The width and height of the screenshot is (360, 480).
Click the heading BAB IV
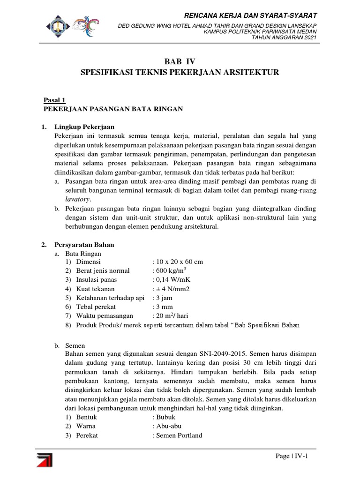[180, 61]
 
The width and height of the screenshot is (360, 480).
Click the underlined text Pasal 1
[54, 100]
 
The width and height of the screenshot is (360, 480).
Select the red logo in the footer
[45, 459]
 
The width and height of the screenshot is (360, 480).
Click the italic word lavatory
[77, 199]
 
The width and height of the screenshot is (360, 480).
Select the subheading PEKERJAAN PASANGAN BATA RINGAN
[113, 109]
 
